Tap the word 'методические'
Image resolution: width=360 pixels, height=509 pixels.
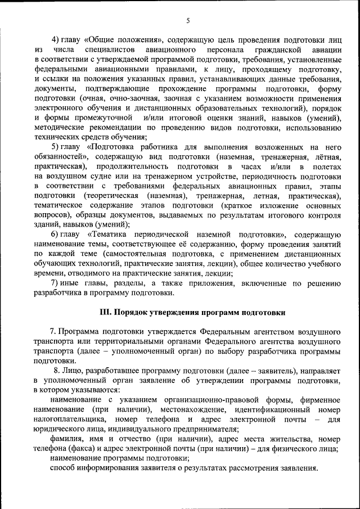point(60,128)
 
